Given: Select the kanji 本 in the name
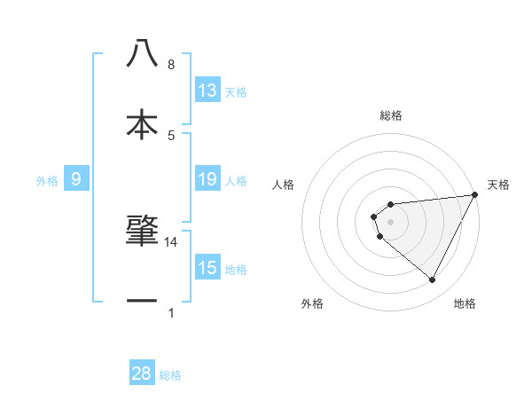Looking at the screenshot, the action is pyautogui.click(x=142, y=124).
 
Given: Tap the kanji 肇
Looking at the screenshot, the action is pyautogui.click(x=142, y=230).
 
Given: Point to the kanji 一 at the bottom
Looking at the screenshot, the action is pyautogui.click(x=142, y=302).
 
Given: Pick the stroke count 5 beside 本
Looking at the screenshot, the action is pyautogui.click(x=171, y=135).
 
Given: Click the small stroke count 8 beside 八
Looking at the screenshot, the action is pyautogui.click(x=171, y=65).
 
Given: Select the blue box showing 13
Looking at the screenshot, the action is pyautogui.click(x=207, y=90).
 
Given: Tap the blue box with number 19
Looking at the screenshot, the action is pyautogui.click(x=207, y=180).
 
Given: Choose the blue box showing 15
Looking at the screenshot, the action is pyautogui.click(x=207, y=268).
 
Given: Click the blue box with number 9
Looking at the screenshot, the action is pyautogui.click(x=76, y=180).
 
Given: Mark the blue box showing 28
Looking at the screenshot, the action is pyautogui.click(x=142, y=374).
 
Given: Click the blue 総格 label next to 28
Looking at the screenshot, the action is pyautogui.click(x=170, y=375).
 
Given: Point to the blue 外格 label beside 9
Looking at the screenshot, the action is pyautogui.click(x=47, y=181).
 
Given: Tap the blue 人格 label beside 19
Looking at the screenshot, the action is pyautogui.click(x=236, y=181).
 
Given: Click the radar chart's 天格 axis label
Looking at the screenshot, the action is pyautogui.click(x=498, y=185).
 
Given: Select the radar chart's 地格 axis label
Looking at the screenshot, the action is pyautogui.click(x=465, y=303).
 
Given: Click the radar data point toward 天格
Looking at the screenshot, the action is pyautogui.click(x=474, y=195).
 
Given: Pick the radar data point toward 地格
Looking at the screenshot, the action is pyautogui.click(x=432, y=280).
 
